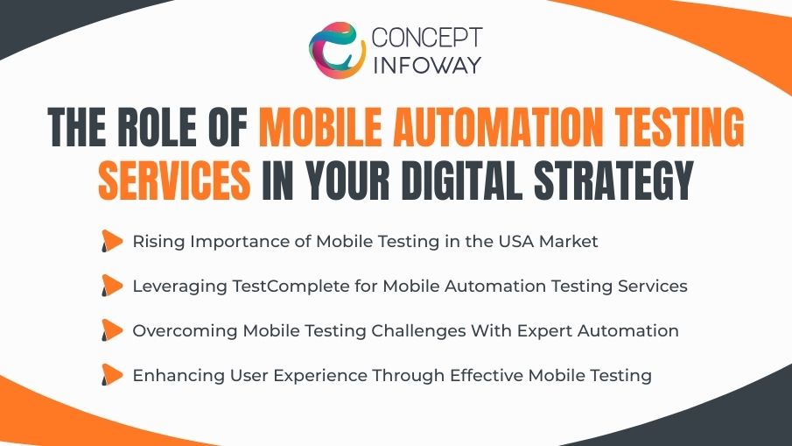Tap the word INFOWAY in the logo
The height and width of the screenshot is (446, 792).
click(425, 66)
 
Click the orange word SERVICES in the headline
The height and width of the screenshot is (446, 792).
click(174, 181)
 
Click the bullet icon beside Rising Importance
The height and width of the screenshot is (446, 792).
click(111, 242)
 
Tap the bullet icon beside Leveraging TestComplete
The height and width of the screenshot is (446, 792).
click(111, 287)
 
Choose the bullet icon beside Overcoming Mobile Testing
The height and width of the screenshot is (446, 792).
click(111, 331)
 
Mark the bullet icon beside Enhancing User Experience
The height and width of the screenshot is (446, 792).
click(111, 376)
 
